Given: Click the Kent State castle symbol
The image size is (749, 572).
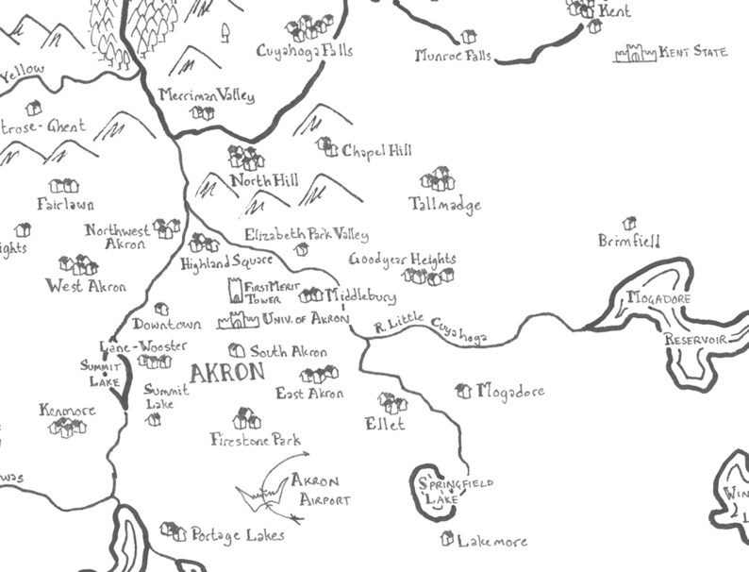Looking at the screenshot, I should (x=634, y=53).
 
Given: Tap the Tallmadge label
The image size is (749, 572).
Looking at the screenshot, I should (x=444, y=204).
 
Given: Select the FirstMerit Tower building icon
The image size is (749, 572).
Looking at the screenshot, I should (x=235, y=290).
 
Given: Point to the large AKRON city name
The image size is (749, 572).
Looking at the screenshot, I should (x=226, y=373).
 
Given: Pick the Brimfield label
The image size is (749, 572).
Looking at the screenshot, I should (x=629, y=242).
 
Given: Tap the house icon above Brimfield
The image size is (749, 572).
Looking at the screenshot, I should (x=629, y=223).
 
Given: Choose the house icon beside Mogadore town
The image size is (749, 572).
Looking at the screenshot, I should (x=463, y=390).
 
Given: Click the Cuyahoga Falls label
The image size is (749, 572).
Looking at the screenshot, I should (x=304, y=50).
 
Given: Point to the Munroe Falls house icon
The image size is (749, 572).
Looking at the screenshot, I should (x=469, y=37).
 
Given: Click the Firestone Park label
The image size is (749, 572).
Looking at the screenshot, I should (x=255, y=439).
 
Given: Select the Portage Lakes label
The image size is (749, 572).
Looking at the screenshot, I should (x=237, y=535).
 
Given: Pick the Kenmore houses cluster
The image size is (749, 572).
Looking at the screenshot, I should (x=67, y=428).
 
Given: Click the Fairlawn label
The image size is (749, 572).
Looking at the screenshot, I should (x=65, y=204).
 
